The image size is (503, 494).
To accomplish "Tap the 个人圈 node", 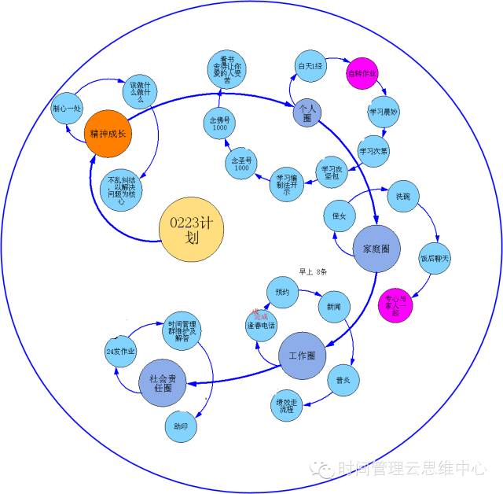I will point(308,112).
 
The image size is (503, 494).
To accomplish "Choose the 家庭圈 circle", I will point(376,249).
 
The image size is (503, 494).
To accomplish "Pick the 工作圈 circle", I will point(302,356).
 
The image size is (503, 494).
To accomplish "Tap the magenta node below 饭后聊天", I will point(395,304).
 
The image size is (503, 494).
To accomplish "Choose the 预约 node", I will point(282,292).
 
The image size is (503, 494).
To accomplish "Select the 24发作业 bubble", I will point(120,351).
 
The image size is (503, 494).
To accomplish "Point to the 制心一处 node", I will point(66,109).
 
